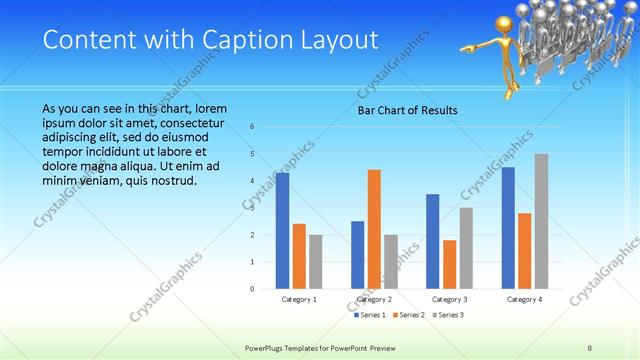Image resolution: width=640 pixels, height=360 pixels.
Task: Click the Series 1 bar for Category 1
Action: tap(283, 230)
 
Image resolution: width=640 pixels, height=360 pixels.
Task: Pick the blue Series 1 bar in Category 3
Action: tap(432, 240)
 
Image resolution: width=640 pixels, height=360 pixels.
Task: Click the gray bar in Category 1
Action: tap(316, 261)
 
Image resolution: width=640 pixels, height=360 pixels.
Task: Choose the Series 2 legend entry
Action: tap(407, 315)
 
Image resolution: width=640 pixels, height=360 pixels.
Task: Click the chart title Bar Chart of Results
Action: tap(408, 110)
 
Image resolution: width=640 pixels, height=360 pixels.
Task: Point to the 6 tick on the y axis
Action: tap(253, 127)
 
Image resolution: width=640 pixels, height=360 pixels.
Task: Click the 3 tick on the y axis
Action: tap(253, 208)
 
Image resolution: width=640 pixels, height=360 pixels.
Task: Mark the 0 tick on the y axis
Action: tap(253, 288)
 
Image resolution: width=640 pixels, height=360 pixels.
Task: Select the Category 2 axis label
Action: tap(374, 299)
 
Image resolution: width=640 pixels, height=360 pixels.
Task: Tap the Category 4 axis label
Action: tap(524, 299)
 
